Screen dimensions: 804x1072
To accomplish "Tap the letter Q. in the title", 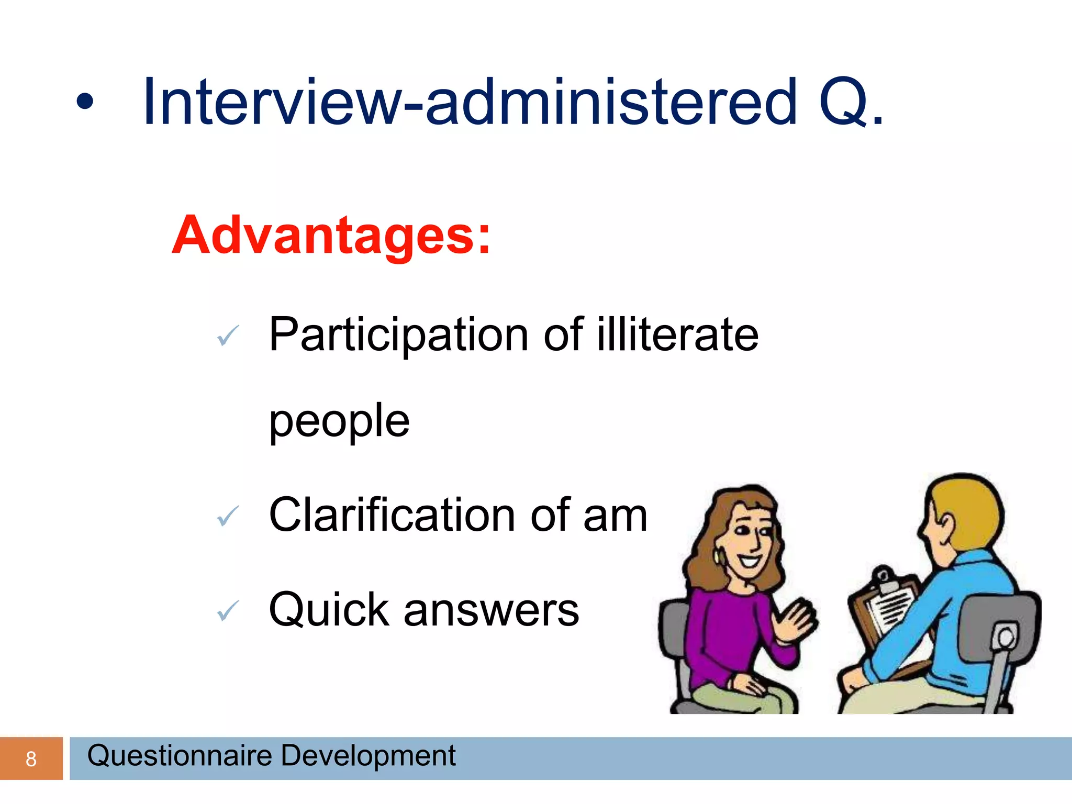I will (x=851, y=102).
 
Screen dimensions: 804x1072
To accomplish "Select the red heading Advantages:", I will (x=331, y=236).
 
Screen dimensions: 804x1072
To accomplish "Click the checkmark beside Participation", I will (x=228, y=335).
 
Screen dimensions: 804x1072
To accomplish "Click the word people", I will (x=339, y=421).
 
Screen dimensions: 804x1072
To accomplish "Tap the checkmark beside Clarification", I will (x=228, y=516).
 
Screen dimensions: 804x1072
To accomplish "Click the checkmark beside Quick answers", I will (x=228, y=610).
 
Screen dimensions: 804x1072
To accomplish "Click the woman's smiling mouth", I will (x=750, y=561).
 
